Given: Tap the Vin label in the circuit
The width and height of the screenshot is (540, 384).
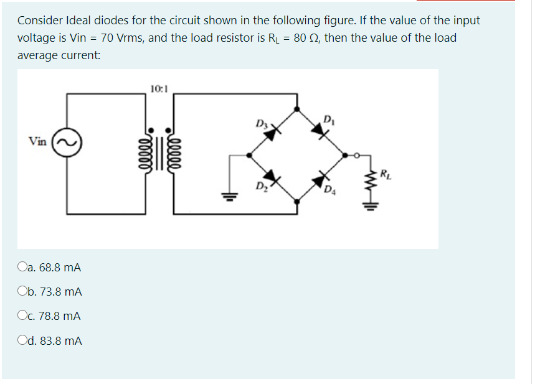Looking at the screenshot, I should point(37,141).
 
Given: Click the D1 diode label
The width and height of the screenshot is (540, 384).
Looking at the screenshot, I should point(329,118).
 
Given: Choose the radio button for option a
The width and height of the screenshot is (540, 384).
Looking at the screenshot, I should point(22,268).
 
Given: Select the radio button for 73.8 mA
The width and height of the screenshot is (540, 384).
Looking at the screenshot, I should point(22,292).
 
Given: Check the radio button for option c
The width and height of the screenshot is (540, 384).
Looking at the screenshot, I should point(22,316).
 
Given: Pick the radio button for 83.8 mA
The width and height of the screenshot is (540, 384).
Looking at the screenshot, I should point(22,341).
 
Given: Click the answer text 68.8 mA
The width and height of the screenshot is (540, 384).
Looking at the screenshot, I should point(60,268).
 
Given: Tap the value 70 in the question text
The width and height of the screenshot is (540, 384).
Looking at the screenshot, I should point(107,38).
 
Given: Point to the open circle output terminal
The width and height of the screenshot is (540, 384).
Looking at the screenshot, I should point(356,156).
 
